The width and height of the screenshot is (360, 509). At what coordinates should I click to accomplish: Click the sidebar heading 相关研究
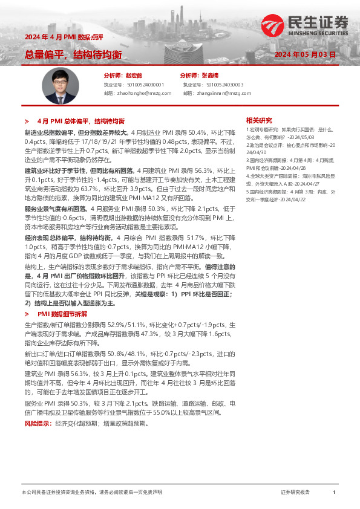point(259,120)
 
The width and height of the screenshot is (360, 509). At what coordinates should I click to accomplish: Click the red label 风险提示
point(38,423)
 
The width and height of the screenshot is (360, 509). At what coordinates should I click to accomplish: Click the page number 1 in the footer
point(334,493)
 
